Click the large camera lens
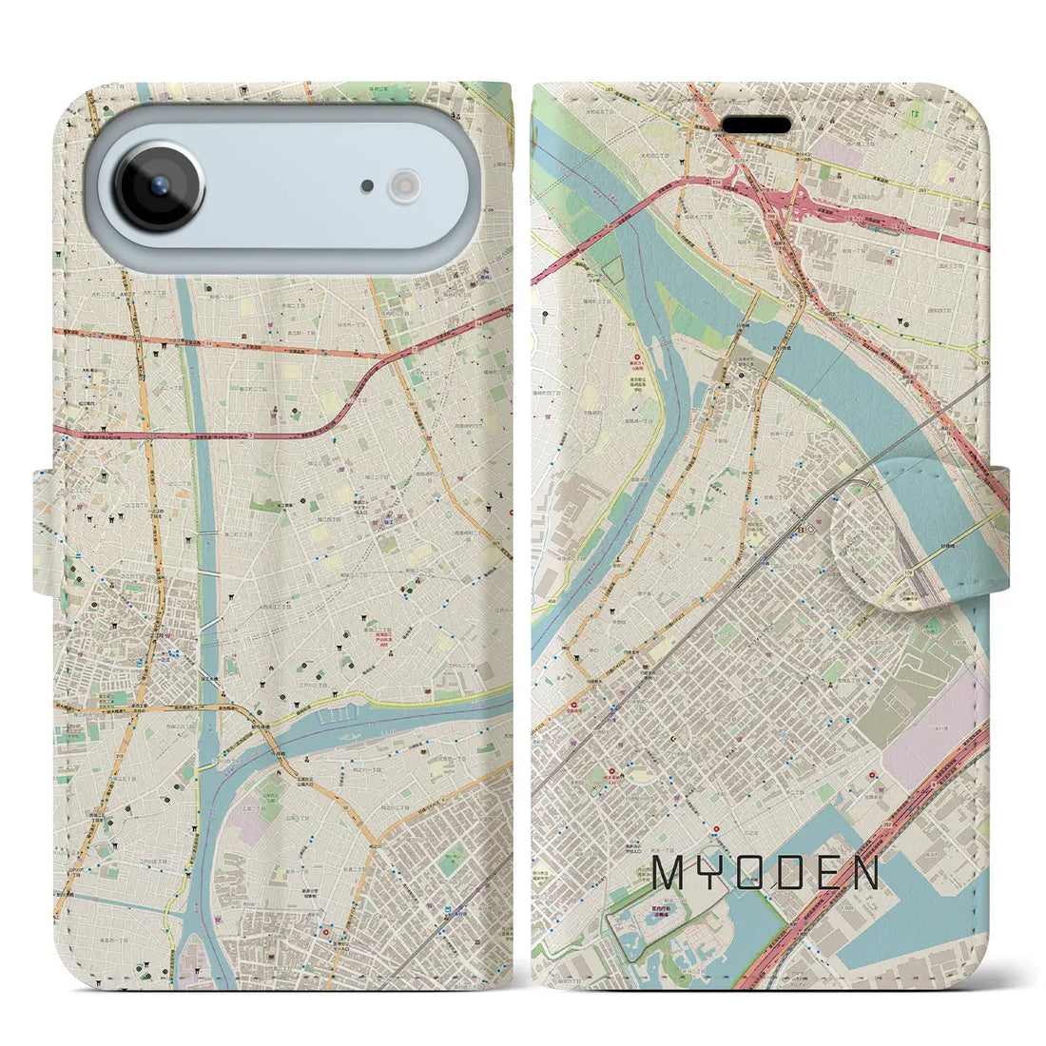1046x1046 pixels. click(159, 187)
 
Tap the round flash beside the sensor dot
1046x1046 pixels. click(404, 185)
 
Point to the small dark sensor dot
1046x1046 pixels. click(367, 186)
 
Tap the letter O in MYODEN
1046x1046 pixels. click(752, 872)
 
